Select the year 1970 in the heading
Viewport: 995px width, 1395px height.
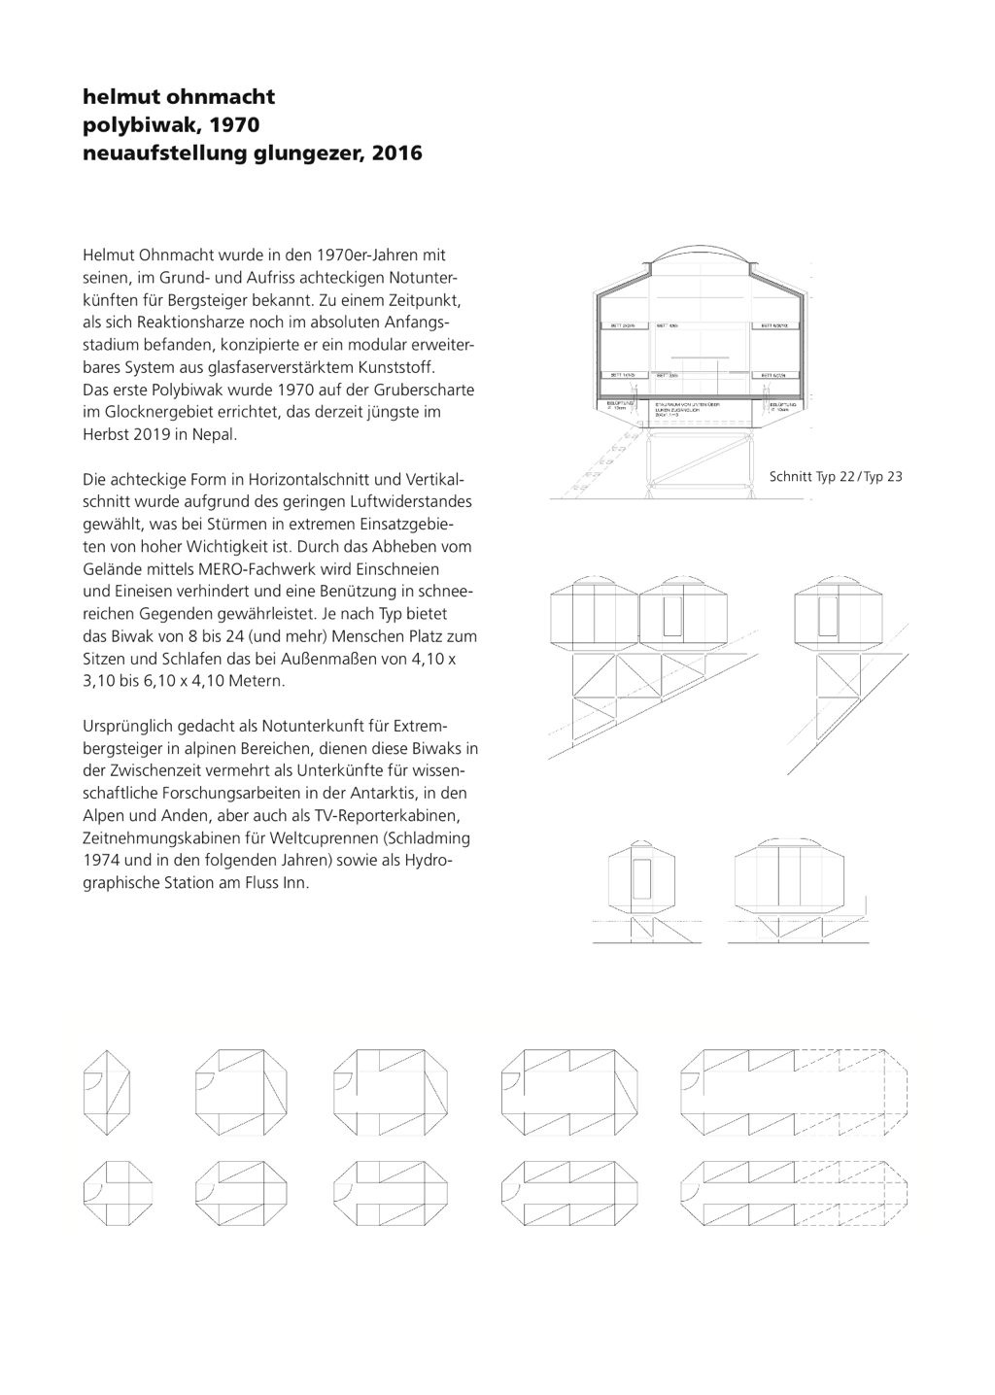(238, 125)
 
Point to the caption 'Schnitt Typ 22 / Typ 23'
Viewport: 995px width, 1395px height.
(836, 477)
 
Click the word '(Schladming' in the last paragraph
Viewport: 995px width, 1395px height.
(428, 838)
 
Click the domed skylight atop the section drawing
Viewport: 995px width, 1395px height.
(703, 261)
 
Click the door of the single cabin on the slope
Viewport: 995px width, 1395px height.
(828, 618)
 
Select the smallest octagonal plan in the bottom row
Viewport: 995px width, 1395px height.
(120, 1191)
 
